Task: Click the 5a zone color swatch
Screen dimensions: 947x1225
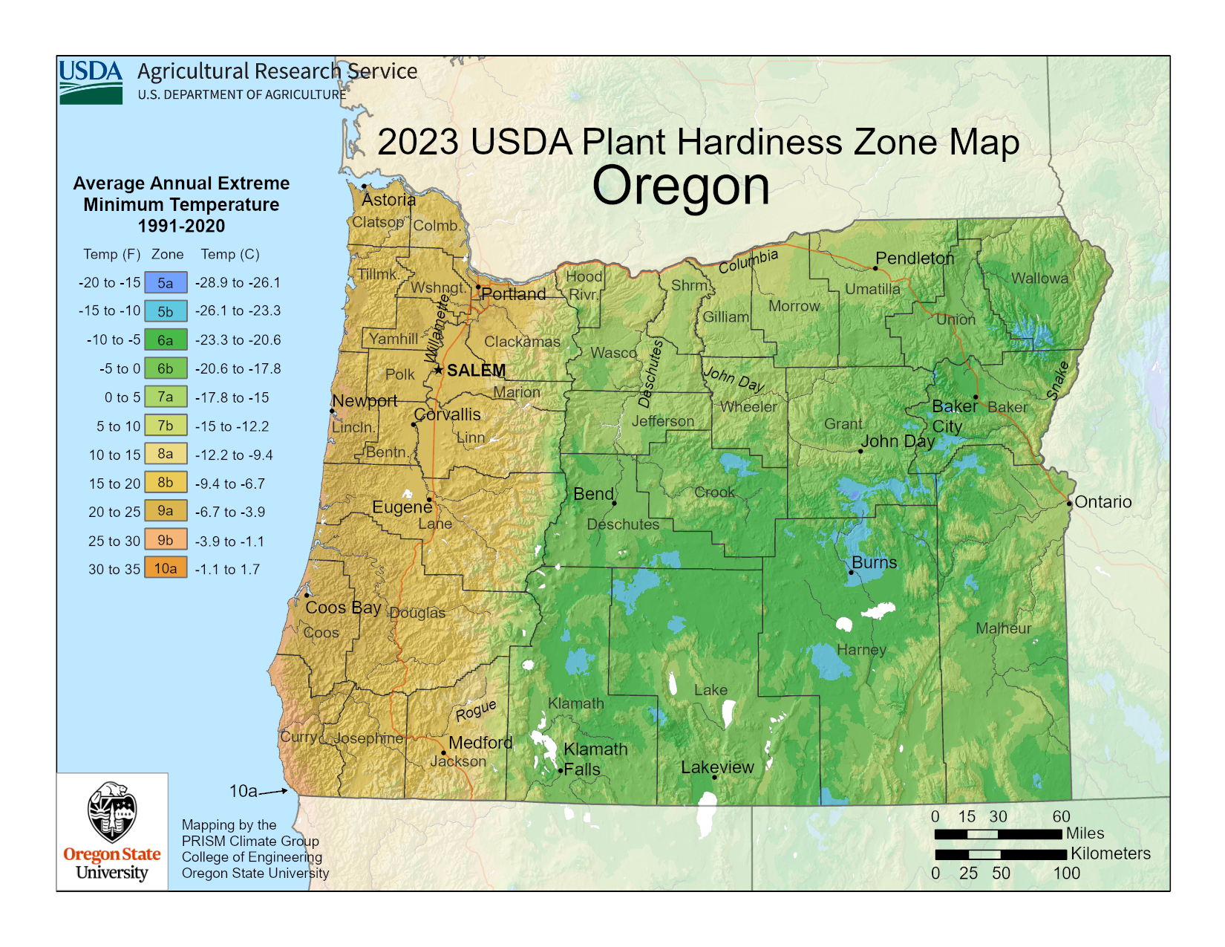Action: pos(166,283)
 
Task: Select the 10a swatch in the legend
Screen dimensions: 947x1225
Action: pos(166,569)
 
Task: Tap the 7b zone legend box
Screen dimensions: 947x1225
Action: pos(166,426)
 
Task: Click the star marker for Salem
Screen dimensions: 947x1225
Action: pos(439,369)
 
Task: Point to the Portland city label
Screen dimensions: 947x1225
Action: pos(513,294)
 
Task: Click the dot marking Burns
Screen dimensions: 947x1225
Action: pos(852,572)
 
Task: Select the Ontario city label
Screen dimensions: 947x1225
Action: pos(1103,502)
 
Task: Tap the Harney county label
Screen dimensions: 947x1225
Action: pos(861,650)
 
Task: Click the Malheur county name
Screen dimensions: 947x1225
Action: pos(1003,628)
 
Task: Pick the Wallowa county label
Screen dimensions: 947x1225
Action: pos(1039,279)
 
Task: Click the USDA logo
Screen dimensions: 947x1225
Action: pos(91,82)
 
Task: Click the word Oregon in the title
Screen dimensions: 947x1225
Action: pos(680,186)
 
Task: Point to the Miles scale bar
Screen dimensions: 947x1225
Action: pos(998,834)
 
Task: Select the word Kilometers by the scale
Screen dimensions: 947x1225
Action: pos(1110,853)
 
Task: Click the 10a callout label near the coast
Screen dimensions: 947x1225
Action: pos(243,791)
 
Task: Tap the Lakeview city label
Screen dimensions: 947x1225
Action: pos(717,767)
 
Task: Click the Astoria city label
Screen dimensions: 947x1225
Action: pos(388,200)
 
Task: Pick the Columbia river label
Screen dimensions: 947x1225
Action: pos(748,261)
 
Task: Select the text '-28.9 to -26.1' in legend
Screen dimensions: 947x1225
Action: pos(238,283)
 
